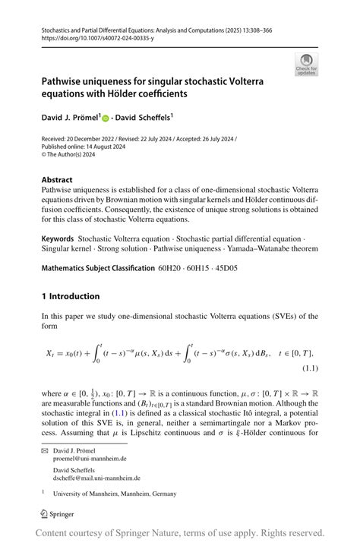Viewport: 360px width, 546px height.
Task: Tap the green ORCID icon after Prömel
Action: click(106, 119)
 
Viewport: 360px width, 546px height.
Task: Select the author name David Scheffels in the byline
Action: click(144, 118)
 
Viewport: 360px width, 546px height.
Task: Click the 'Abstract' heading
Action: click(58, 181)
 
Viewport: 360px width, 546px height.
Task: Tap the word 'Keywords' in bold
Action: click(58, 238)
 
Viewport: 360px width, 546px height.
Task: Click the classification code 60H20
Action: click(169, 268)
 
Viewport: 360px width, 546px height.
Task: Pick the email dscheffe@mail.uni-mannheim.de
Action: click(108, 478)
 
